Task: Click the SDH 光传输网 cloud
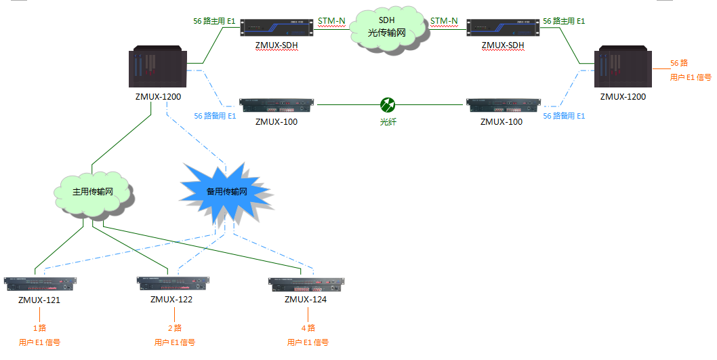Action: [x=387, y=30]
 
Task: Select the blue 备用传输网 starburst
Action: [x=226, y=192]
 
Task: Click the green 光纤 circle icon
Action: [x=387, y=104]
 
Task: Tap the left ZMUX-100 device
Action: [x=276, y=106]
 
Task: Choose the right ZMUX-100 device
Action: [x=502, y=106]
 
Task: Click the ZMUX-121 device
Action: [x=40, y=283]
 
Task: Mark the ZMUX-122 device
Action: [x=172, y=283]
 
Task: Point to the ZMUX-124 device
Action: [x=306, y=284]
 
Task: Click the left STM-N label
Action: [x=331, y=21]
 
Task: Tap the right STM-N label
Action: [x=444, y=21]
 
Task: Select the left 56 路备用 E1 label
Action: [x=215, y=117]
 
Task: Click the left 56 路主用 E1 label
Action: [x=214, y=21]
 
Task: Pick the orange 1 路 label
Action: [x=40, y=328]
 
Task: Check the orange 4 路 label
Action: [x=308, y=328]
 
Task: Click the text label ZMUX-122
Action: [x=171, y=299]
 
